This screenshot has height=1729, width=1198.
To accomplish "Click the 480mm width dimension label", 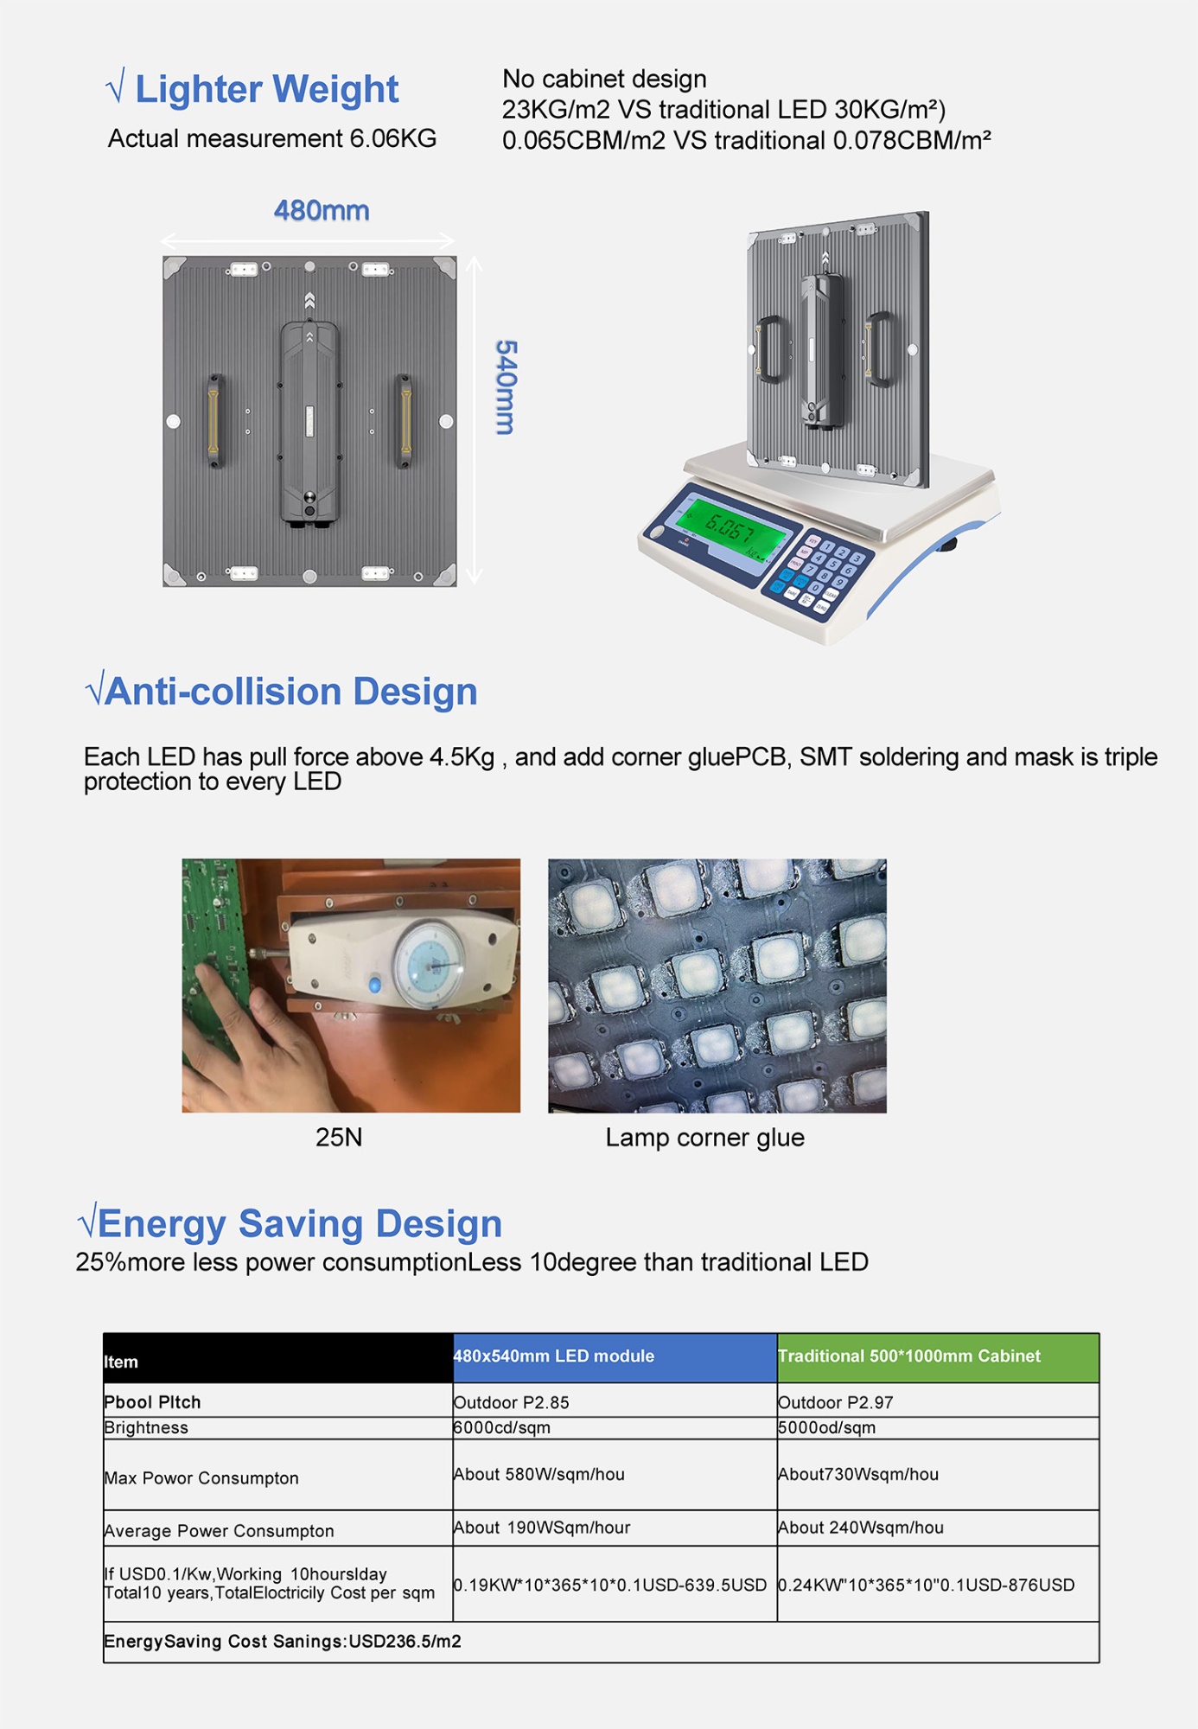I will (x=322, y=210).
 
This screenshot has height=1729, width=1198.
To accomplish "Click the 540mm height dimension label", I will (x=506, y=386).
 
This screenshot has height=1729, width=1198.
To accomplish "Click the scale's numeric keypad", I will (x=817, y=573).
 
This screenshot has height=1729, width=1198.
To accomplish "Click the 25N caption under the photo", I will (x=339, y=1137).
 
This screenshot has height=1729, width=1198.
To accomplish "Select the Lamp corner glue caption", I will (x=704, y=1137).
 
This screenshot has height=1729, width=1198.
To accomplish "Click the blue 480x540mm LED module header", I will (x=614, y=1356).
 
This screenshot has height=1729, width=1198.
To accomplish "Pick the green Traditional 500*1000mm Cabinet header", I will (x=937, y=1356).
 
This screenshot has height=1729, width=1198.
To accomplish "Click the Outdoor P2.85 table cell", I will (x=512, y=1402).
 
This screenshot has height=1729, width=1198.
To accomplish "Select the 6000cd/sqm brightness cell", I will (x=502, y=1427).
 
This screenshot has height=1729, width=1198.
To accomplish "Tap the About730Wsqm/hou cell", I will (x=858, y=1474).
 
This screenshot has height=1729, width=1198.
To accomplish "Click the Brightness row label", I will (x=146, y=1427).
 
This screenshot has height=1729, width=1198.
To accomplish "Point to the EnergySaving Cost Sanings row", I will (x=283, y=1641).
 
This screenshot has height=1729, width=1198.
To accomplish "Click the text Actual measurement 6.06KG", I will (x=272, y=138).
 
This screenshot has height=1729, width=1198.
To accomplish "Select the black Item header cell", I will (x=277, y=1359).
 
